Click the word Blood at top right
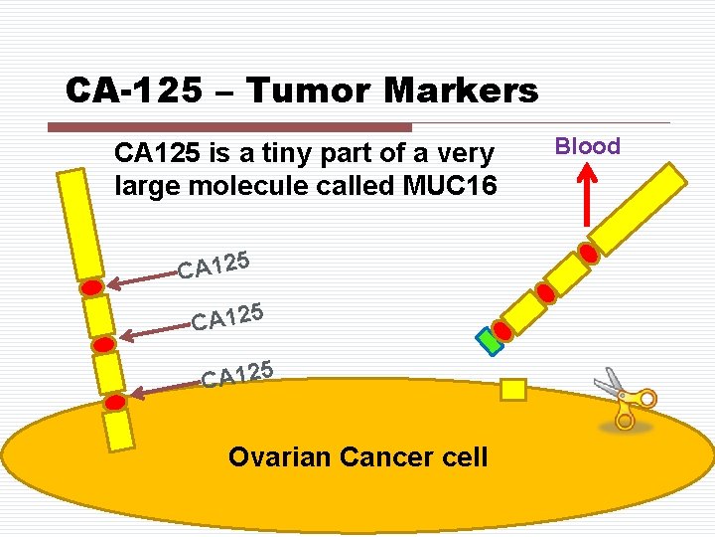click(587, 146)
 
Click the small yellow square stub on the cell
click(512, 390)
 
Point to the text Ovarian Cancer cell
click(357, 457)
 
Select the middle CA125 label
click(227, 317)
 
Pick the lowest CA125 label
click(237, 374)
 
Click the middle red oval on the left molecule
click(103, 344)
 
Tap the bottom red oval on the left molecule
click(115, 402)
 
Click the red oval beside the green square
click(503, 330)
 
